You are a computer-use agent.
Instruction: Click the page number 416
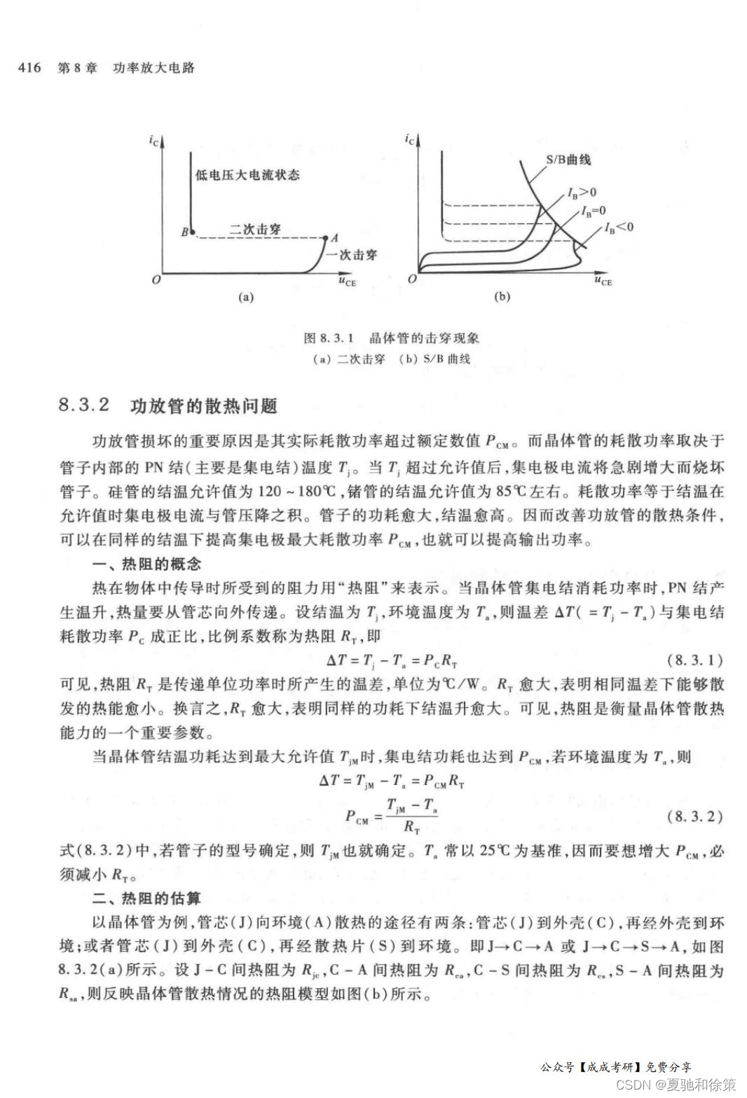(29, 68)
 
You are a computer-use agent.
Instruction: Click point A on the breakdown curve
(326, 238)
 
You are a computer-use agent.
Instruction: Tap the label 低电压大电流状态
(247, 174)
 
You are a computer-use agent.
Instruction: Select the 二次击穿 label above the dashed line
(255, 229)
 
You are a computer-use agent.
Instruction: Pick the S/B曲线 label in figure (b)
(568, 160)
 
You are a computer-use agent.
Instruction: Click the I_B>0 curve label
(582, 193)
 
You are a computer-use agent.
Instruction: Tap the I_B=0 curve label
(593, 211)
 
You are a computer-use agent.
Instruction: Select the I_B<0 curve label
(619, 227)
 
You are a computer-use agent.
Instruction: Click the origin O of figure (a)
(156, 279)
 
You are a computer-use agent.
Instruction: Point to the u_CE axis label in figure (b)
(603, 281)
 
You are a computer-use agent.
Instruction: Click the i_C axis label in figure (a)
(153, 141)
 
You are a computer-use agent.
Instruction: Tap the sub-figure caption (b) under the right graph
(502, 297)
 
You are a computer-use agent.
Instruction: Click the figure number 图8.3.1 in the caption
(331, 338)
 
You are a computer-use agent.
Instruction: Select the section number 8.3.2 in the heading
(85, 405)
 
